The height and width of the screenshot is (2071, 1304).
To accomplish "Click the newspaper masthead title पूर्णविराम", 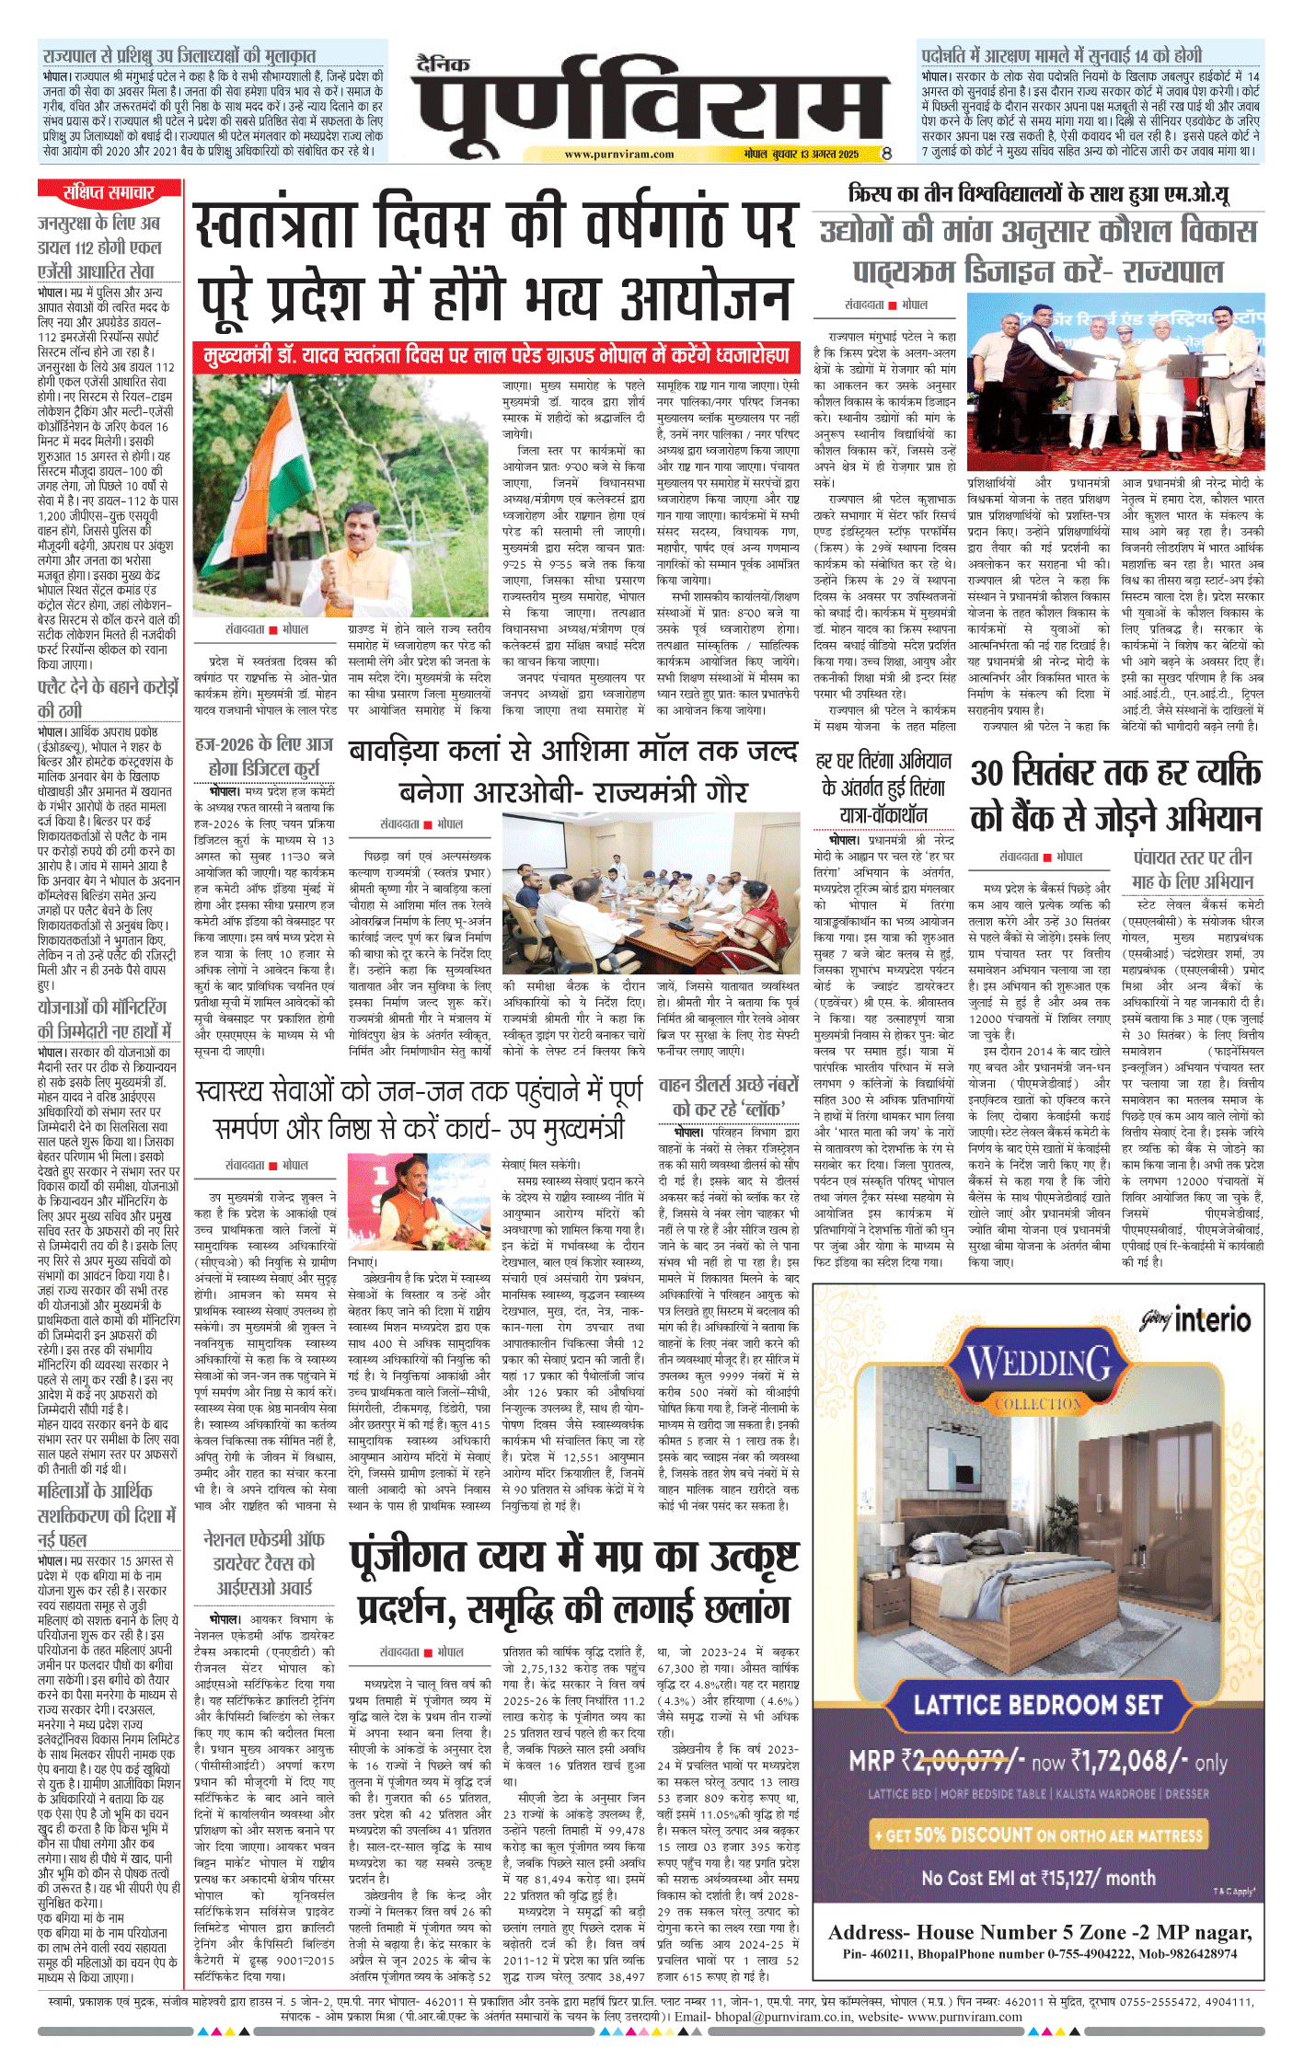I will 650,103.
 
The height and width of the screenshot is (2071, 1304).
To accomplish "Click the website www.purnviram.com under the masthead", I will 618,155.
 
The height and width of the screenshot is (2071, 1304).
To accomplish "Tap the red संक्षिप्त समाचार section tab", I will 109,192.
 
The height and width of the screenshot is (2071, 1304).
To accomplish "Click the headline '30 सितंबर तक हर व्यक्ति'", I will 1115,772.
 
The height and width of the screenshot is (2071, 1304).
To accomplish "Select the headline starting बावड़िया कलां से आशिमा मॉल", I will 572,752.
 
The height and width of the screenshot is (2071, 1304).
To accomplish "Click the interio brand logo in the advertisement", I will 1196,1321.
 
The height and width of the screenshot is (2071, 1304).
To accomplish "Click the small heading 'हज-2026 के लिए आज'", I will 264,743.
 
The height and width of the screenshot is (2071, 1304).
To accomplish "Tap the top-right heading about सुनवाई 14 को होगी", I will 1062,55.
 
